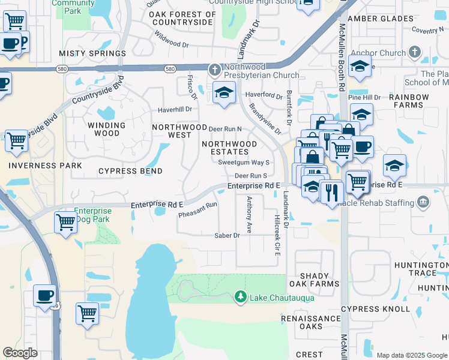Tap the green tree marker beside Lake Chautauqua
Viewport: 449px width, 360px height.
coord(240,296)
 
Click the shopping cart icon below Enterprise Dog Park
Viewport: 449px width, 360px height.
coord(65,223)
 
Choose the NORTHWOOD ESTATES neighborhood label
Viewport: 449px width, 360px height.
coord(229,148)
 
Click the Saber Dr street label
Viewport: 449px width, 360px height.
coord(227,235)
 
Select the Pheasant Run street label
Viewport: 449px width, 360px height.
coord(197,209)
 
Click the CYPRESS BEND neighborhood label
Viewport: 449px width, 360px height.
coord(130,171)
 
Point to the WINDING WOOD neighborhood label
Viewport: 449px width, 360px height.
coord(106,129)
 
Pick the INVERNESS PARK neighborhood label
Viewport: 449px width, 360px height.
coord(45,165)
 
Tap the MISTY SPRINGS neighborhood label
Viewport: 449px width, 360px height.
coord(92,53)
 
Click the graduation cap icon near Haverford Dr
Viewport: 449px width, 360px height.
coord(224,94)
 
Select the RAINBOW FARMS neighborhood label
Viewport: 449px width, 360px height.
coord(409,101)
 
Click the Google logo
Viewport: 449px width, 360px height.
coord(20,353)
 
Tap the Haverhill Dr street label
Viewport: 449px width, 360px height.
coord(175,110)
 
